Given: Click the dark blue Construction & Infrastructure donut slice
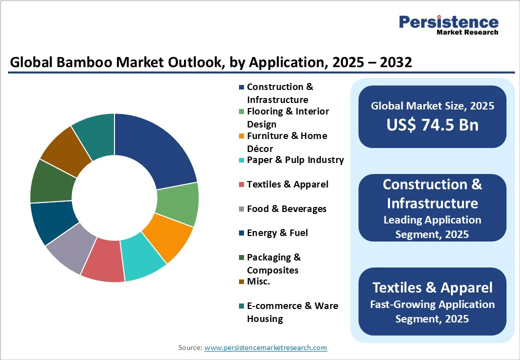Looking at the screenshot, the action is tap(159, 149).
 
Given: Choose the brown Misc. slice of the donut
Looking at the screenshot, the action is tap(64, 151).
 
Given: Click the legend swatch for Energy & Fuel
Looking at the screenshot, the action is tap(241, 233).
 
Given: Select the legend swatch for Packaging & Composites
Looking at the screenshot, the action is tap(241, 257).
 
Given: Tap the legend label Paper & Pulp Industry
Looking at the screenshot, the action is tap(295, 160).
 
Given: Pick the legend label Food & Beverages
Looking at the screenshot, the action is tap(286, 209).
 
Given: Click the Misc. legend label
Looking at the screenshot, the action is tap(258, 281).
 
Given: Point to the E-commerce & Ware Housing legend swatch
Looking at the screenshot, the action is tap(241, 306).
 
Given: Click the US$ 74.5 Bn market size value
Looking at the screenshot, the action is tap(432, 125).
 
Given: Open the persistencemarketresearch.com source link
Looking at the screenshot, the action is tap(265, 347).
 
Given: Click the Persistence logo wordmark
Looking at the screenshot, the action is tap(448, 22).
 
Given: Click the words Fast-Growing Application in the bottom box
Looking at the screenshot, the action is tap(432, 304).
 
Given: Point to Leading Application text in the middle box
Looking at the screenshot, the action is tap(432, 220).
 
